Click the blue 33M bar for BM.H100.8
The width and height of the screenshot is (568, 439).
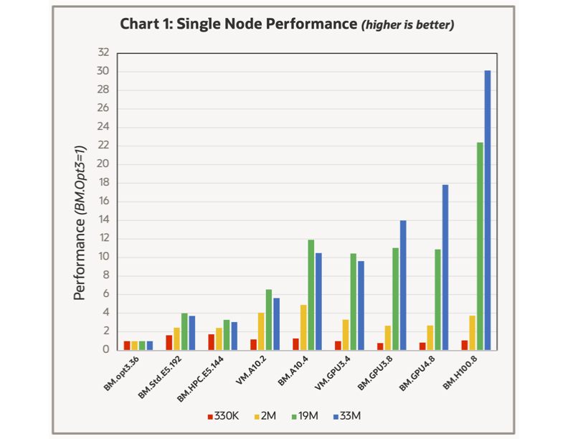pos(488,210)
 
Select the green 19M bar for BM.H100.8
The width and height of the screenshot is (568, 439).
pos(480,246)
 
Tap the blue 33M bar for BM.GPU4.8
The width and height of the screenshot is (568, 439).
pos(445,267)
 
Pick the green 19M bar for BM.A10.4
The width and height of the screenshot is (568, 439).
pos(311,295)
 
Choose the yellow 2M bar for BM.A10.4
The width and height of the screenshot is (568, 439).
pos(303,327)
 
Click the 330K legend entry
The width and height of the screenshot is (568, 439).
pos(223,415)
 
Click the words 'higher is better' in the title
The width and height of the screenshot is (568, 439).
pos(407,25)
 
